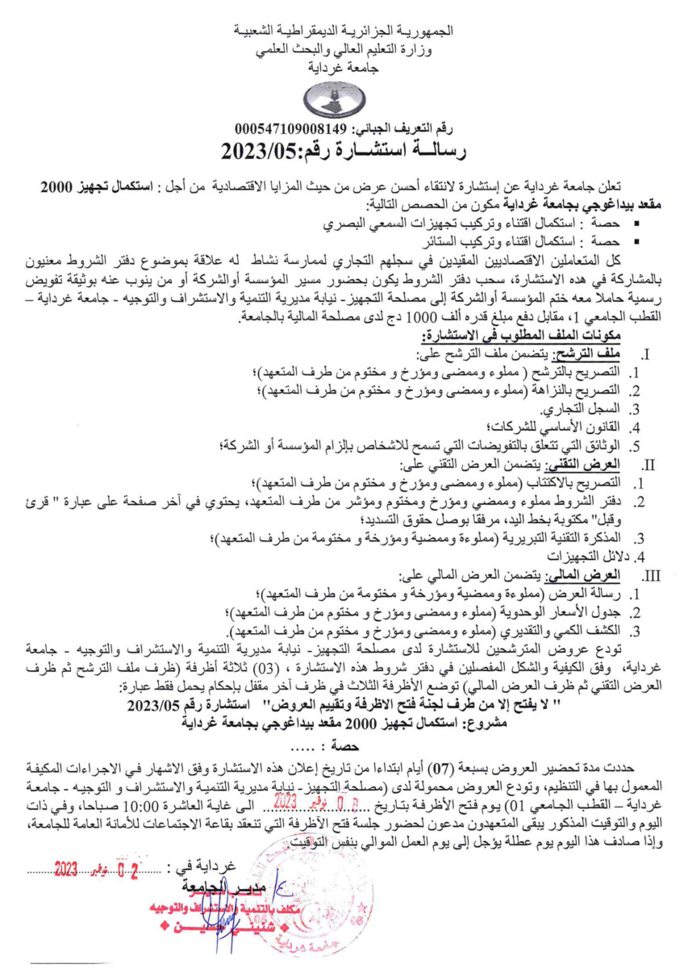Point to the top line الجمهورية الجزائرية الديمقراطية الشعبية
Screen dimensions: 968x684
point(342,31)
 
